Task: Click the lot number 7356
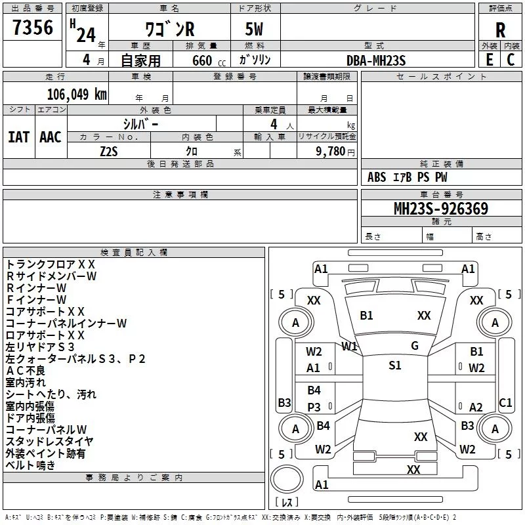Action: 33,27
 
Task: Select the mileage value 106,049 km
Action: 77,94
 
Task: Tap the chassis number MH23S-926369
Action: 441,209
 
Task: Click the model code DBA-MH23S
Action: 376,60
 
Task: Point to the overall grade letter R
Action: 500,30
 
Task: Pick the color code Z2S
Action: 109,152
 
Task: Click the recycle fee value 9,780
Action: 331,152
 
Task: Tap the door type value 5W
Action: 254,29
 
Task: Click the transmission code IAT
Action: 19,137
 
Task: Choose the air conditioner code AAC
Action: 51,137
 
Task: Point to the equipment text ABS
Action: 377,177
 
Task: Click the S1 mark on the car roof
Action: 395,366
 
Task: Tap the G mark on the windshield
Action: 415,346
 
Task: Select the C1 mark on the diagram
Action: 505,402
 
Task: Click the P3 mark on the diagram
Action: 314,407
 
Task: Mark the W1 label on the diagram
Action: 349,346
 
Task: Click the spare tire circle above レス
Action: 287,479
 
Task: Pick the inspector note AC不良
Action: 26,371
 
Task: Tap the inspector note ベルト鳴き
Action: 30,465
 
